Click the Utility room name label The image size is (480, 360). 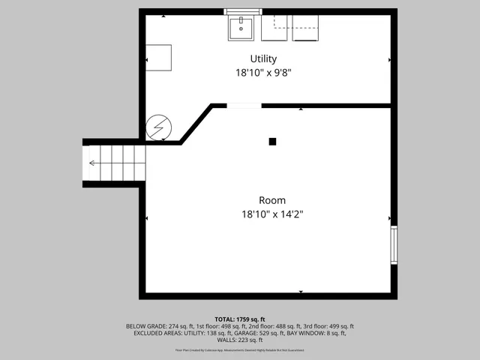pos(263,58)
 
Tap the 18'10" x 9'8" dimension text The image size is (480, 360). pos(263,73)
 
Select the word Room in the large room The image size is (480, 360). pos(271,200)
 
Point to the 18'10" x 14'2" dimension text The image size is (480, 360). pos(271,214)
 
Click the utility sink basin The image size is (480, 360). pos(242,29)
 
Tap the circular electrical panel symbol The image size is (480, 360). pos(158,127)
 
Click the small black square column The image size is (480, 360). pos(272,141)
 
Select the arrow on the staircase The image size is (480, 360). pos(92,163)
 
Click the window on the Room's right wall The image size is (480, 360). pos(394,245)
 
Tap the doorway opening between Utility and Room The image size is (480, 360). pos(244,106)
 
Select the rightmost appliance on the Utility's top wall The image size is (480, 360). pos(305,28)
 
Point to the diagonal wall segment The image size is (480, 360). pos(197,124)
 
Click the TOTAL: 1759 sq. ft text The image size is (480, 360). pos(239,319)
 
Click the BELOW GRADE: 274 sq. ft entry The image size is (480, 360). pos(160,326)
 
